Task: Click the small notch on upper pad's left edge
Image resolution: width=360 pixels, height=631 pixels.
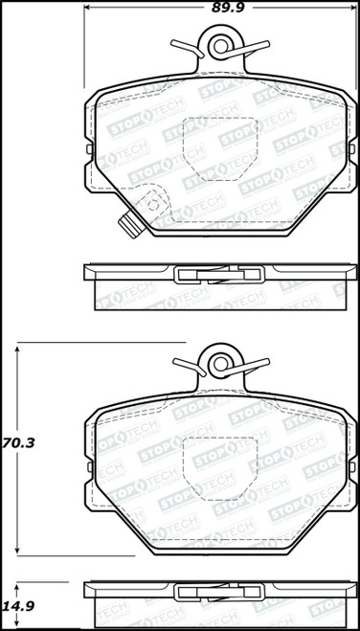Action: click(x=89, y=149)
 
